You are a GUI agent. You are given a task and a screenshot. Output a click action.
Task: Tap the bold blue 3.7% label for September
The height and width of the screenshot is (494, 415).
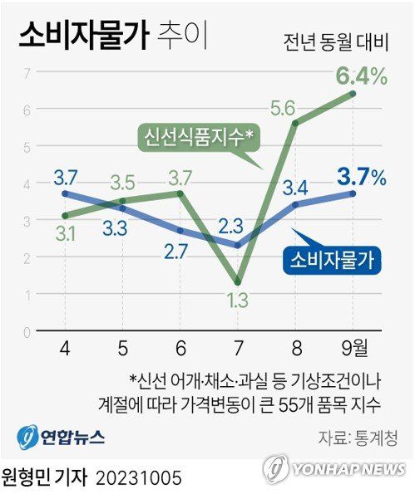pos(361,176)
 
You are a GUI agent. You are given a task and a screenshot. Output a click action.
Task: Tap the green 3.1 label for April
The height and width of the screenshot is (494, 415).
pos(66,235)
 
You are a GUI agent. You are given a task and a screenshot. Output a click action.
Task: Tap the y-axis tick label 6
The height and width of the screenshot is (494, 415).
pos(27,110)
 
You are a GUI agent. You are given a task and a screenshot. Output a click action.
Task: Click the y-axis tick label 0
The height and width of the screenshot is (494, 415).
pos(27,331)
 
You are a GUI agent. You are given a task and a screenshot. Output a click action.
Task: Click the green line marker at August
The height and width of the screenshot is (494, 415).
pos(296,124)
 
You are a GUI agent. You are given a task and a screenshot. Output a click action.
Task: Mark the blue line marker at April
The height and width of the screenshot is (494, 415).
pos(66,194)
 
